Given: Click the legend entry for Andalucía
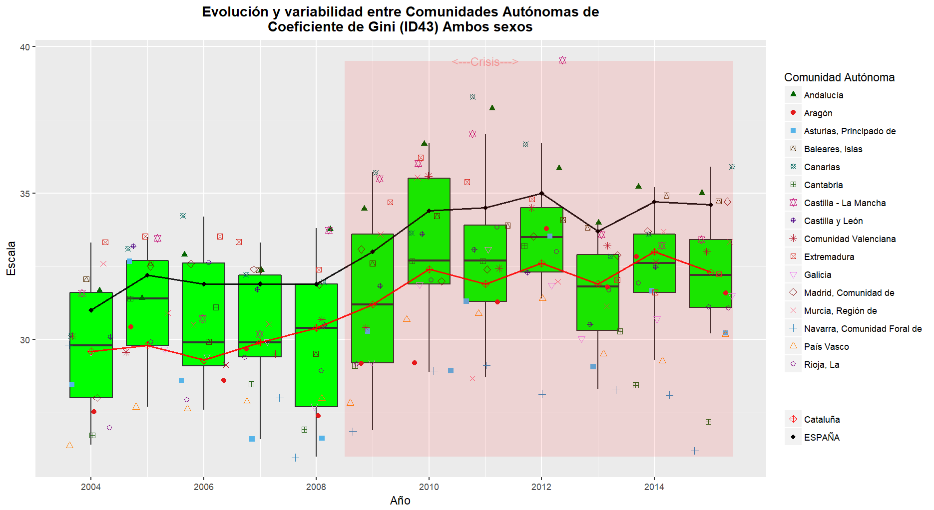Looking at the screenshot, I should [x=823, y=95].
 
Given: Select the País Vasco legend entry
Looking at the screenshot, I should [x=826, y=347].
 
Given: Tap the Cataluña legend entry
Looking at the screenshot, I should [x=822, y=420].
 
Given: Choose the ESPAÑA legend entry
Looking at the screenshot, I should [x=822, y=438].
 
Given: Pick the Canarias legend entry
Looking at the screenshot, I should [x=822, y=167].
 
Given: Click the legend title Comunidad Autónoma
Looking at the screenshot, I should [x=839, y=77].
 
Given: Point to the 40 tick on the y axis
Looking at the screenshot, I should [x=25, y=47].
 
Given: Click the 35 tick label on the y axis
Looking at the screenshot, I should [x=25, y=194].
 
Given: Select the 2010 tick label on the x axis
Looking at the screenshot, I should [x=429, y=487].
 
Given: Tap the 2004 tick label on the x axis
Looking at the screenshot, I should [x=91, y=487].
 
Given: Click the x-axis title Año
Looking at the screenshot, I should [x=400, y=501].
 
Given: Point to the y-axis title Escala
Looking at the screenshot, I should [x=11, y=258].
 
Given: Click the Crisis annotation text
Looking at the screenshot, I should [x=485, y=62].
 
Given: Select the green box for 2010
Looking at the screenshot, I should [x=429, y=231].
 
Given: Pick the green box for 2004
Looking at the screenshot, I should [x=91, y=345].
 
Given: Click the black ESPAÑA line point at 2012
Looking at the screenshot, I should [x=541, y=194].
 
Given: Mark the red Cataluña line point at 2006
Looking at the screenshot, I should [x=203, y=360].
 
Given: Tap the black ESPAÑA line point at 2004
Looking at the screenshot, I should [x=91, y=310].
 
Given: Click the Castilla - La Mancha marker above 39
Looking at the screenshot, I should [x=563, y=60].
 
